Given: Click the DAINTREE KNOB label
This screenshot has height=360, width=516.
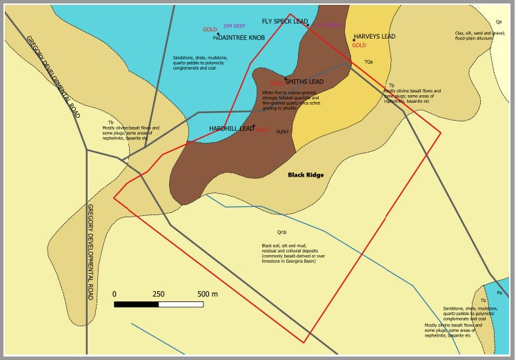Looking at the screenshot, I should point(241,38).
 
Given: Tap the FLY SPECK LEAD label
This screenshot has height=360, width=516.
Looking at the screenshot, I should point(284,21).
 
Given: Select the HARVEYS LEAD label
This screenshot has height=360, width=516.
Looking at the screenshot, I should point(375,37).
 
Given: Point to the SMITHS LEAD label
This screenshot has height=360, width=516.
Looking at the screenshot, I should point(304,81).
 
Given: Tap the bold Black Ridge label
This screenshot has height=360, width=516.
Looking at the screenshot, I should point(306,175).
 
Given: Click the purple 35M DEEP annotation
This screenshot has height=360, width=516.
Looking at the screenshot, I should point(234,26).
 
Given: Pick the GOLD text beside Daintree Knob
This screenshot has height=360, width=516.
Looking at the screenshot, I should point(210,30).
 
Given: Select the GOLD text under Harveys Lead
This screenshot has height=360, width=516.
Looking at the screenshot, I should point(359,46).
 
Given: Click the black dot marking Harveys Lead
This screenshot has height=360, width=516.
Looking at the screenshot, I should point(354,39).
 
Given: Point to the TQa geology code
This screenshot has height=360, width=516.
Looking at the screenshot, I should point(368,62).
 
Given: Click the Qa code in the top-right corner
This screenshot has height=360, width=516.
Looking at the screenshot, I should point(498,22).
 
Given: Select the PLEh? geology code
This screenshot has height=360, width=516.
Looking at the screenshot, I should point(282,132).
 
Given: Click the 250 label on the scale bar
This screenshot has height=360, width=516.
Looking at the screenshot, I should point(159,294).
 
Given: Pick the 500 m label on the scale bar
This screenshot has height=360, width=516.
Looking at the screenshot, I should point(207,294).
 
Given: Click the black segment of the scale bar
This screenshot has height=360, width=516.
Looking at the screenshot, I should point(137,304).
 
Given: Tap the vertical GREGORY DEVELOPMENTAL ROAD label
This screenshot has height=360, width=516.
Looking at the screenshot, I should point(90,251).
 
